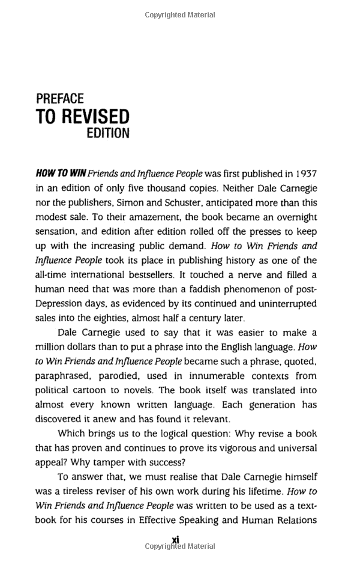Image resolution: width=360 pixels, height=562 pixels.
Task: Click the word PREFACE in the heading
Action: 59,98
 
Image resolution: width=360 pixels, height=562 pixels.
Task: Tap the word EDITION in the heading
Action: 108,133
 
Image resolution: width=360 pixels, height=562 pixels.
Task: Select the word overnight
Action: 292,217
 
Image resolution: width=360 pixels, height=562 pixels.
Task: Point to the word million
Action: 52,347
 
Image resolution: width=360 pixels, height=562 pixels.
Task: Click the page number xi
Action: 176,540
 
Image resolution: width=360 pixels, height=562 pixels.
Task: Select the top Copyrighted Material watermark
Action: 180,15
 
